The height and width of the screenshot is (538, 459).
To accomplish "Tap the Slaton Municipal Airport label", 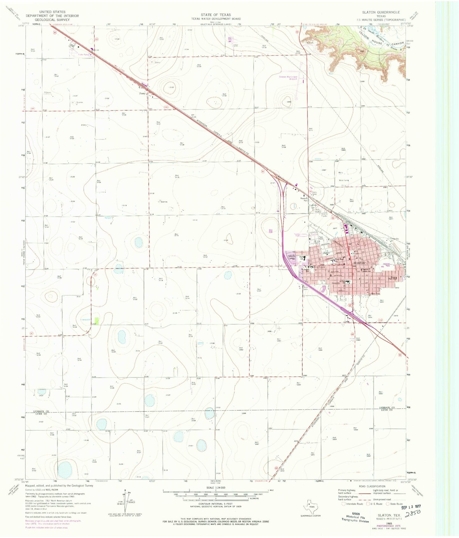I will [288, 78].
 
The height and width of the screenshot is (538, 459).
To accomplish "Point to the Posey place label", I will [142, 93].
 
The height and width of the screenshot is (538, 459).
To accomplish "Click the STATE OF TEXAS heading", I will [216, 15].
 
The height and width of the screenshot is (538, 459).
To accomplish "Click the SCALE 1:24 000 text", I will [216, 487].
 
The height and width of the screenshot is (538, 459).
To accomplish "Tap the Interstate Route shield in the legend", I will [343, 504].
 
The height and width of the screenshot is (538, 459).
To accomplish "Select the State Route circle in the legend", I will [388, 504].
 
